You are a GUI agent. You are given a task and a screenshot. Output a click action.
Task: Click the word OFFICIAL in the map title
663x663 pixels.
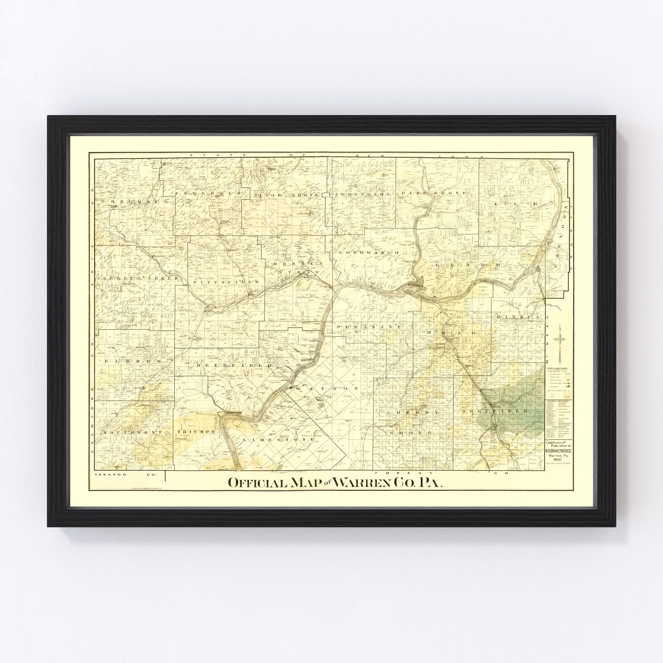[257, 483]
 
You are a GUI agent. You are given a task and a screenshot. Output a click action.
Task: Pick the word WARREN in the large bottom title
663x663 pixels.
[365, 483]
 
